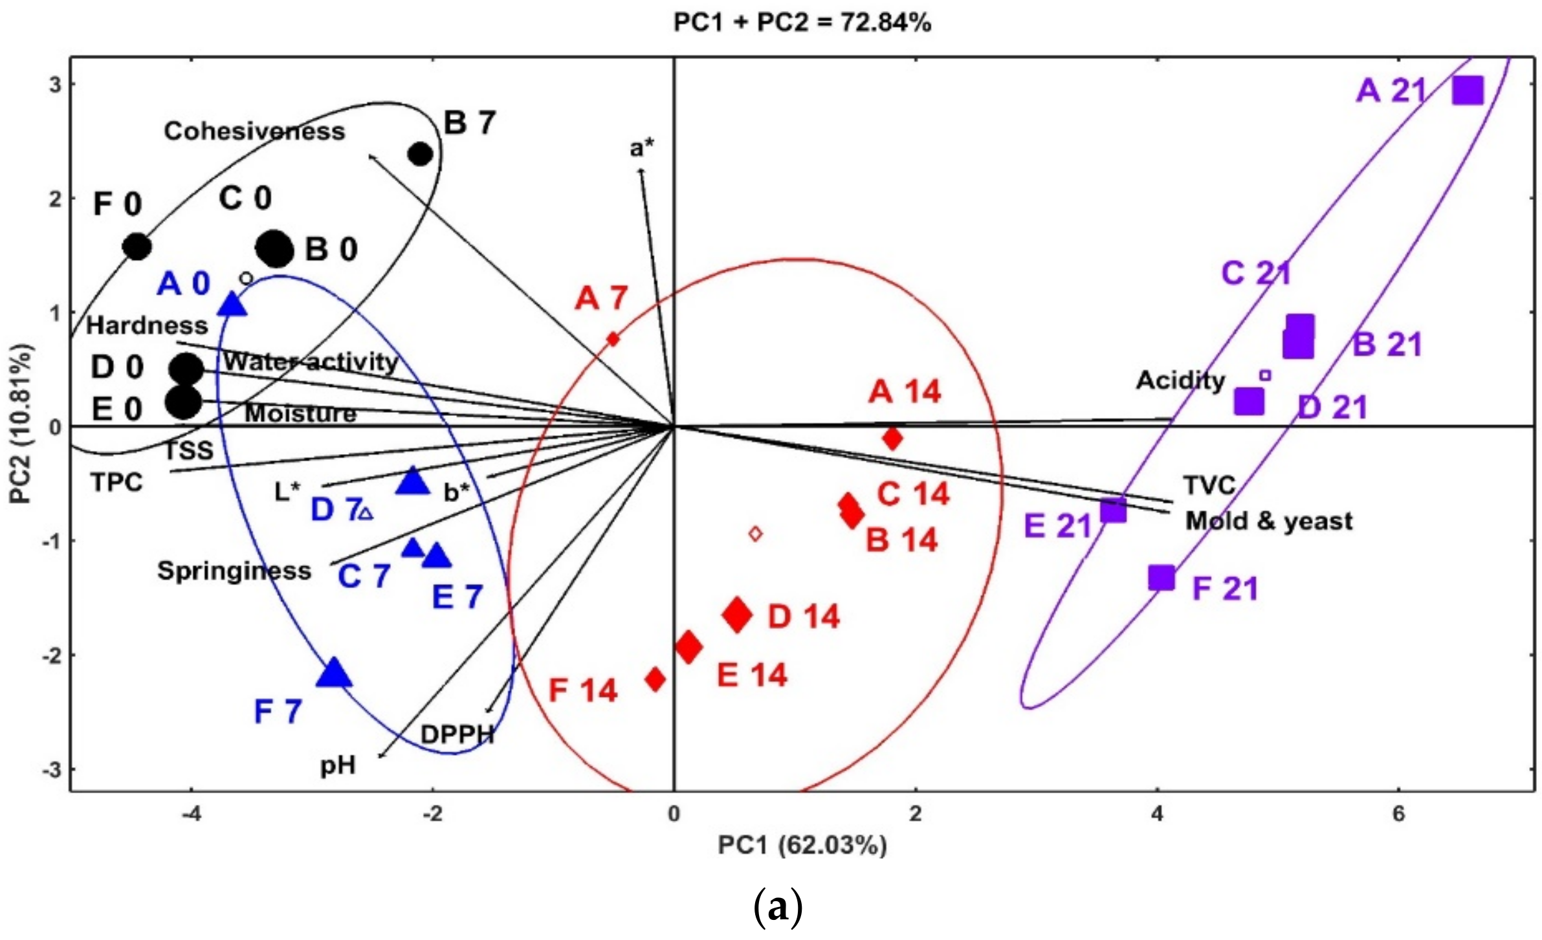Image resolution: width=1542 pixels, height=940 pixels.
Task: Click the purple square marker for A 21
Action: pyautogui.click(x=1468, y=90)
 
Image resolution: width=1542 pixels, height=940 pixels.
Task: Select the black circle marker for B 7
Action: pyautogui.click(x=421, y=155)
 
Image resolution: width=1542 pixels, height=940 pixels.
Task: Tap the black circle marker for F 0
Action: pyautogui.click(x=137, y=246)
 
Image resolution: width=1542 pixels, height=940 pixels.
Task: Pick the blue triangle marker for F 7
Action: pyautogui.click(x=334, y=673)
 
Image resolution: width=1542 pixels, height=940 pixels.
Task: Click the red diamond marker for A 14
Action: pyautogui.click(x=892, y=438)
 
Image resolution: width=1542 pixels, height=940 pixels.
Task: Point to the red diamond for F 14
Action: pyautogui.click(x=655, y=679)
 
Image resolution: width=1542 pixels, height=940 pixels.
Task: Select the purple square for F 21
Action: pyautogui.click(x=1162, y=577)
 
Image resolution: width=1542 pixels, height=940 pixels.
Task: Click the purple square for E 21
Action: pyautogui.click(x=1113, y=510)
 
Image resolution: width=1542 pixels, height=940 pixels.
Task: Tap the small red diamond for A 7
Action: pyautogui.click(x=613, y=338)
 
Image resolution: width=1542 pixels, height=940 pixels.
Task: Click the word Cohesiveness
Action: pyautogui.click(x=254, y=131)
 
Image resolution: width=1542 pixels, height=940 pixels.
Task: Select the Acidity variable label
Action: pyautogui.click(x=1180, y=380)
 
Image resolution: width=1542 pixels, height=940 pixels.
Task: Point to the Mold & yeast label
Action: pyautogui.click(x=1268, y=521)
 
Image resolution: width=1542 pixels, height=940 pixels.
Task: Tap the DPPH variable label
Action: pyautogui.click(x=457, y=734)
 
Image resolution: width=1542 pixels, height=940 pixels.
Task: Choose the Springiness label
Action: pyautogui.click(x=234, y=571)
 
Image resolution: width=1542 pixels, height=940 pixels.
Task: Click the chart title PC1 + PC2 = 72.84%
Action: pyautogui.click(x=802, y=23)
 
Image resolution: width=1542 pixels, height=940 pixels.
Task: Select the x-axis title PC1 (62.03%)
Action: pyautogui.click(x=802, y=846)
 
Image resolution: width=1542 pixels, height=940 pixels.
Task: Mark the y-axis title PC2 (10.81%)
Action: pyautogui.click(x=21, y=424)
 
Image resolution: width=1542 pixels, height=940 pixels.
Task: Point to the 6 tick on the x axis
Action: pyautogui.click(x=1398, y=813)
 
